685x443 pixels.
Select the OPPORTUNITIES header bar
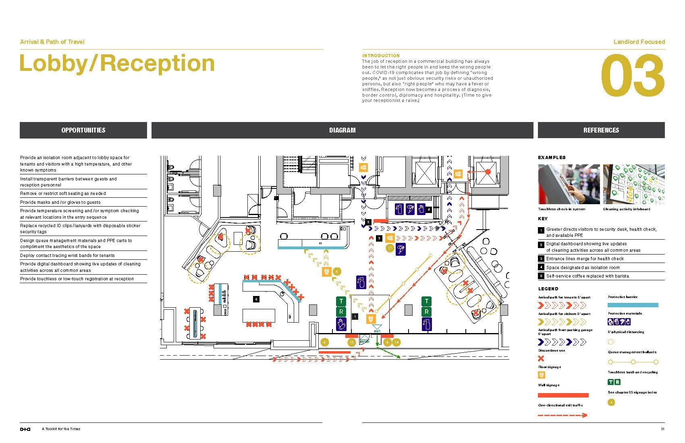[x=83, y=130]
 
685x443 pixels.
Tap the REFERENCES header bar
[x=601, y=130]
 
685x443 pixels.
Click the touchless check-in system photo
[x=569, y=184]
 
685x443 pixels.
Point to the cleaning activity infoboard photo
[x=633, y=184]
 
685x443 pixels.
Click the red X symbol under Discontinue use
[x=541, y=358]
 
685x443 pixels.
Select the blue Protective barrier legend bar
[x=633, y=305]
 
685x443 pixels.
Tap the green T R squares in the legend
[x=614, y=382]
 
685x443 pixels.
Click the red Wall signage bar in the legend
[x=563, y=395]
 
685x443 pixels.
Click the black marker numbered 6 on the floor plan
[x=256, y=299]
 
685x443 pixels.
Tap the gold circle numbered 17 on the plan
[x=390, y=248]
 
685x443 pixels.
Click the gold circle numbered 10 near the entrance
[x=351, y=342]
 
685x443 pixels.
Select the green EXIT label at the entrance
[x=377, y=331]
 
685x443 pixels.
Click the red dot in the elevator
[x=488, y=172]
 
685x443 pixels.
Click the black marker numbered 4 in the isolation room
[x=429, y=209]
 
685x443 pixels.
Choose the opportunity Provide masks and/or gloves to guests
[x=60, y=202]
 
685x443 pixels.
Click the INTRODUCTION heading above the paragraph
[x=381, y=56]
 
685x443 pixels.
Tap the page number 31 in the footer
[x=662, y=429]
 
